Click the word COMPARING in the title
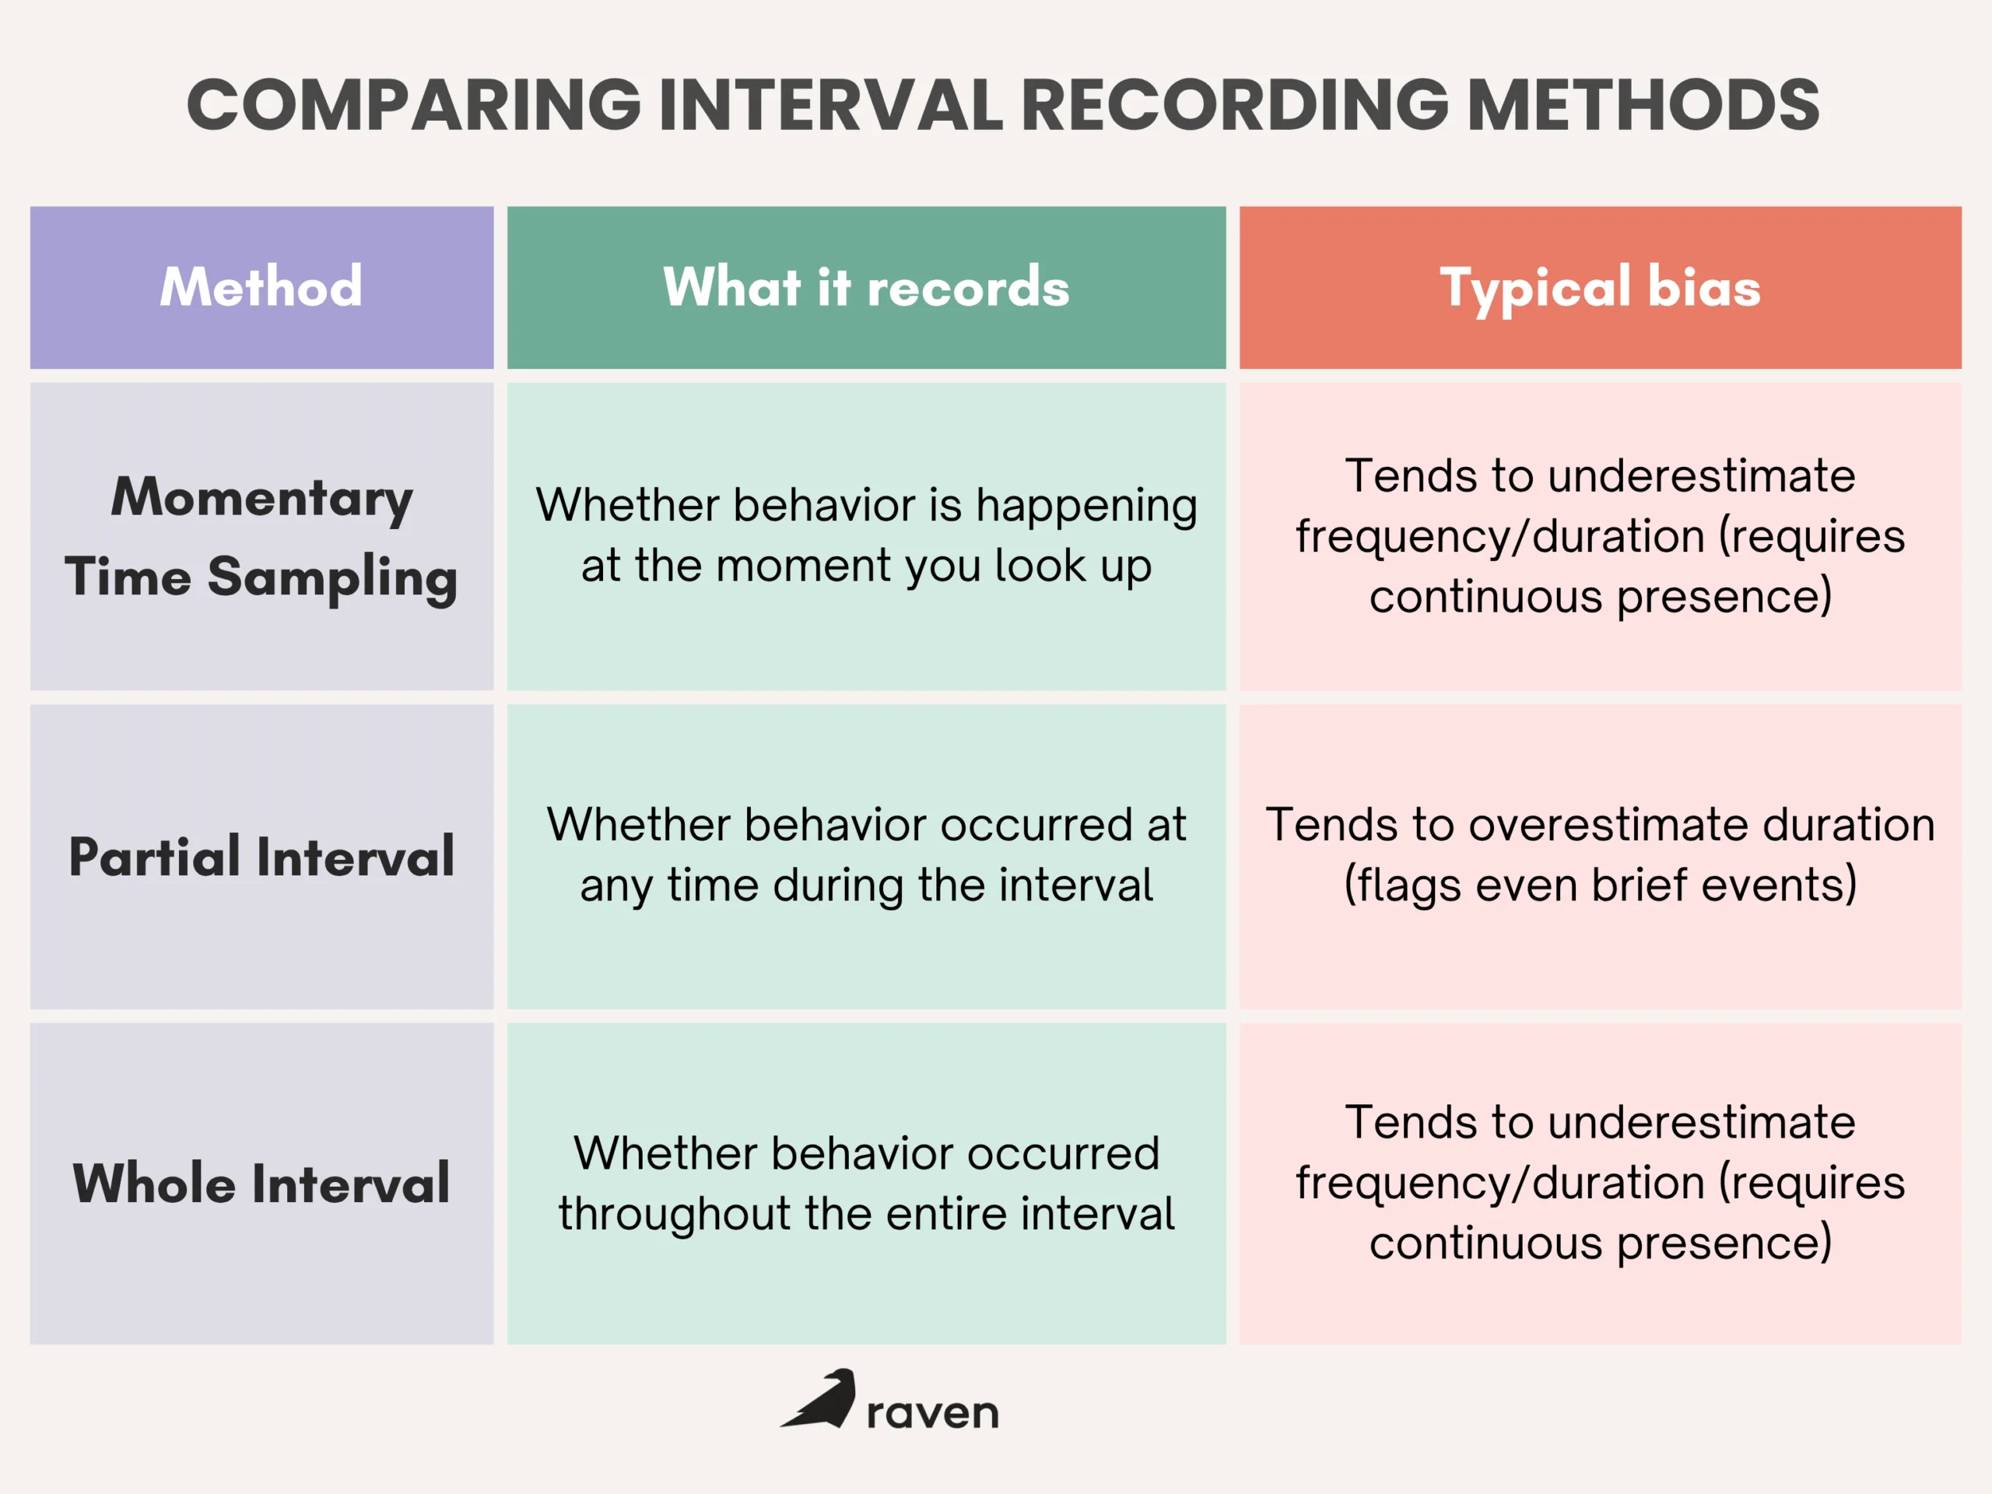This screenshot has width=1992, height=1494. pyautogui.click(x=413, y=104)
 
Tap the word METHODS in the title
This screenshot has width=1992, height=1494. pyautogui.click(x=1643, y=104)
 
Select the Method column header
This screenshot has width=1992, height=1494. pyautogui.click(x=261, y=287)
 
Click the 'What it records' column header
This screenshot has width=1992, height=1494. pyautogui.click(x=866, y=287)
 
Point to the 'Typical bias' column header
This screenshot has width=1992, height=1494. pyautogui.click(x=1601, y=287)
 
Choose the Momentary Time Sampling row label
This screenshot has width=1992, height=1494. pyautogui.click(x=261, y=537)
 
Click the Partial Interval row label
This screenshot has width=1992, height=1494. pyautogui.click(x=261, y=857)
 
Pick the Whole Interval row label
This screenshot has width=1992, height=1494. pyautogui.click(x=261, y=1184)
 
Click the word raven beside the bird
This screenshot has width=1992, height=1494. pyautogui.click(x=932, y=1413)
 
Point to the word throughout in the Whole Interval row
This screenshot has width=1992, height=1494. pyautogui.click(x=674, y=1214)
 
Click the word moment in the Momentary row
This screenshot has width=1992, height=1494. pyautogui.click(x=804, y=566)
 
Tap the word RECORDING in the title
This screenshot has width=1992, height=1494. pyautogui.click(x=1235, y=104)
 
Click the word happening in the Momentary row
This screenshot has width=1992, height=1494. pyautogui.click(x=1086, y=506)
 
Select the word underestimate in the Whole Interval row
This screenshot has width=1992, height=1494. pyautogui.click(x=1701, y=1123)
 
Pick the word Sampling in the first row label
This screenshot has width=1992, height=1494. pyautogui.click(x=332, y=577)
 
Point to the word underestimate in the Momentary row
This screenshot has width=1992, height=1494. pyautogui.click(x=1701, y=475)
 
